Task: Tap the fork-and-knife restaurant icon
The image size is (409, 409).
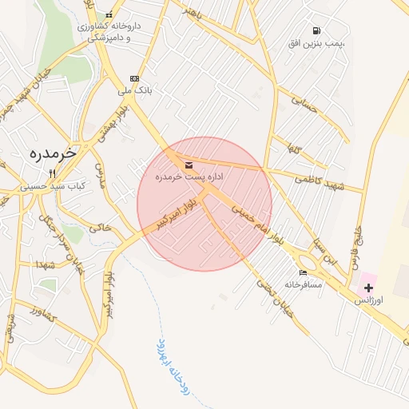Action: pyautogui.click(x=53, y=173)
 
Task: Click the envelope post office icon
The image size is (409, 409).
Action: pyautogui.click(x=189, y=165)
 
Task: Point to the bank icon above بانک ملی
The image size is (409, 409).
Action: pyautogui.click(x=134, y=78)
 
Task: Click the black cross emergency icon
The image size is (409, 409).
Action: pyautogui.click(x=368, y=287)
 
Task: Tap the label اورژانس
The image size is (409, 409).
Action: pyautogui.click(x=369, y=300)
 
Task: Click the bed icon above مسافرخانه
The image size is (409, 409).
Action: pyautogui.click(x=302, y=272)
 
